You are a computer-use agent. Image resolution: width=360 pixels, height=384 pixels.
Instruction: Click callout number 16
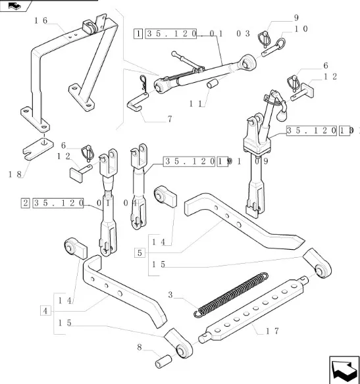point(41,21)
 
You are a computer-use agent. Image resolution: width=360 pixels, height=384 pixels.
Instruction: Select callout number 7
point(170,119)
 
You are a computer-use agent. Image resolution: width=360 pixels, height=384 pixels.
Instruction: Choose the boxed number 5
point(140,252)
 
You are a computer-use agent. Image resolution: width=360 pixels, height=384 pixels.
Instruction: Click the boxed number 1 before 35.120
point(138,32)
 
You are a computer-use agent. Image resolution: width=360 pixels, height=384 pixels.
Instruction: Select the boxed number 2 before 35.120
point(26,203)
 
